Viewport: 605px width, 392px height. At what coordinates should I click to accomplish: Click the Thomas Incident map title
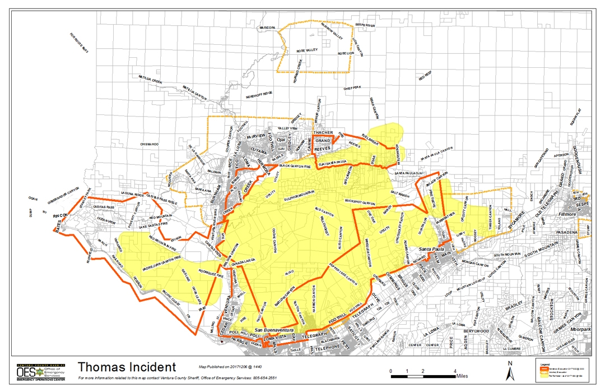click(x=126, y=367)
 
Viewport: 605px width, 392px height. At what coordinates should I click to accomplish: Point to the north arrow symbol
click(x=510, y=370)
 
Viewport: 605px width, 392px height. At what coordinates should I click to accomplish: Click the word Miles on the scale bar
click(x=462, y=376)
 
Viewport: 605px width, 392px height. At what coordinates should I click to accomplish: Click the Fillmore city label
click(x=568, y=214)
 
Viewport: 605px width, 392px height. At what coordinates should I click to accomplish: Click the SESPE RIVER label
click(x=365, y=25)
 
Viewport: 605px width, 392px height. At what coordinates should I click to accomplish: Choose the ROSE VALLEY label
click(x=307, y=50)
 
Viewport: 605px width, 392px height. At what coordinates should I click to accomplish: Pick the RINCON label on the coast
click(x=61, y=215)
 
